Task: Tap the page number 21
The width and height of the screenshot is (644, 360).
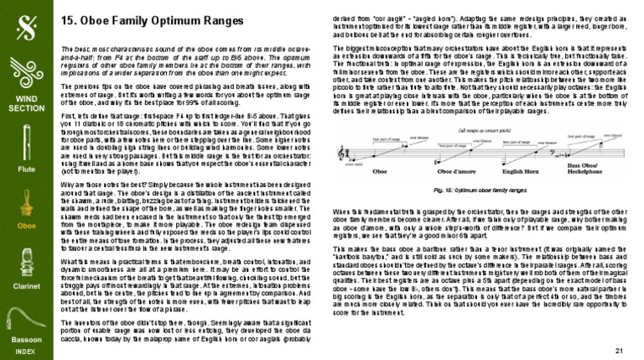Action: [621, 348]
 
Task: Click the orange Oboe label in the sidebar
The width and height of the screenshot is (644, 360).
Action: [27, 226]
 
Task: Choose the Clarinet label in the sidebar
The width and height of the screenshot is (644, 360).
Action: [27, 285]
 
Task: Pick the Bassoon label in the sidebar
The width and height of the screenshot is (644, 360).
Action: [27, 339]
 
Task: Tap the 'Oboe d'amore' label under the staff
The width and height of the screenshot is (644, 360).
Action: [444, 195]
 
